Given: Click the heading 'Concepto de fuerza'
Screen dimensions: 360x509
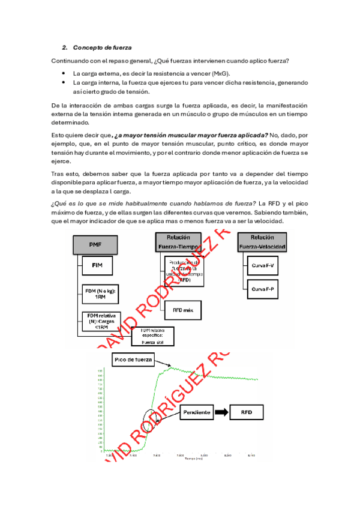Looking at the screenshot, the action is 102,47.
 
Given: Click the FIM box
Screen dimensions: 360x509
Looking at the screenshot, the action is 97,265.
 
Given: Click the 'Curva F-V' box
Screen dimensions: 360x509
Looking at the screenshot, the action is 263,265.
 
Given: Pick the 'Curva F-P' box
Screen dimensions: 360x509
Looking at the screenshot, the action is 263,289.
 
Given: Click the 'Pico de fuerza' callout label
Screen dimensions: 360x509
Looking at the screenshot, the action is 133,360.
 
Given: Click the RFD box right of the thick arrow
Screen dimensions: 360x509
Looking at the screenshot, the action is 247,412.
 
